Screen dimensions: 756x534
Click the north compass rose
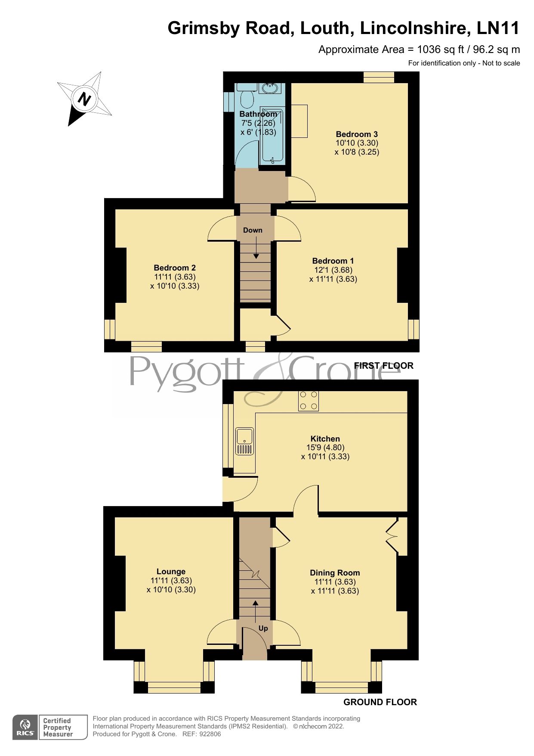(x=84, y=99)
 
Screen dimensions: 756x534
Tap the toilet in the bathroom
(x=247, y=99)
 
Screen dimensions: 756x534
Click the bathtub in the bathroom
(x=272, y=134)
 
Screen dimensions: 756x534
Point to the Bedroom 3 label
(x=357, y=134)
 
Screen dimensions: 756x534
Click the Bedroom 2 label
(x=175, y=268)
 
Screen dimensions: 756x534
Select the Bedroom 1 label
(x=333, y=261)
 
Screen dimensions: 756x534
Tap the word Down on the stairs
(x=253, y=230)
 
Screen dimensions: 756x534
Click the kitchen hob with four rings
(x=308, y=401)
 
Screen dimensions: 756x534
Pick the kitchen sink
(x=244, y=441)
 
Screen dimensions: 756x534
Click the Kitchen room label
(x=325, y=439)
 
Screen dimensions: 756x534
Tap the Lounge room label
(x=171, y=572)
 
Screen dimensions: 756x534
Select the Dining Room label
(x=335, y=572)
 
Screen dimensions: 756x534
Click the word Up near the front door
(x=263, y=628)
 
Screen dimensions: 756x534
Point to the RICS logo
(x=26, y=727)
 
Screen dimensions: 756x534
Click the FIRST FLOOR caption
(x=383, y=366)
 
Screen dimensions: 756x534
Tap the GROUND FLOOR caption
(x=380, y=702)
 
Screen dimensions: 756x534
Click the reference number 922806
(x=208, y=734)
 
